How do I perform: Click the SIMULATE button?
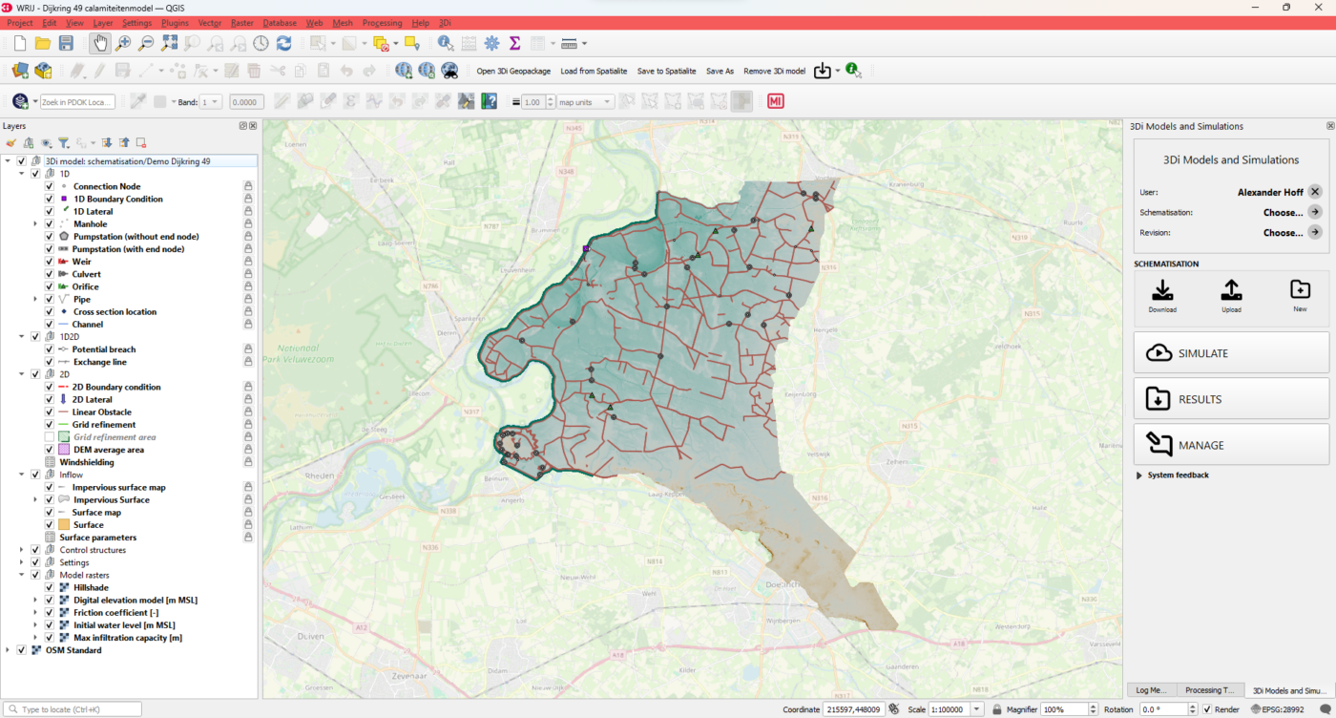click(x=1231, y=353)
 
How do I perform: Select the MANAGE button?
click(x=1231, y=445)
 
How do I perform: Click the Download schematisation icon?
click(x=1162, y=290)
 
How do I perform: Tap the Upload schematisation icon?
click(x=1231, y=290)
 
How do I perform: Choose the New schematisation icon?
click(x=1300, y=290)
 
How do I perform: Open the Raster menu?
click(x=241, y=22)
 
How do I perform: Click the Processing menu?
click(x=382, y=22)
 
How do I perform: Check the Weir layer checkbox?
click(x=50, y=262)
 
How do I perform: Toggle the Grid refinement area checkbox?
click(x=50, y=437)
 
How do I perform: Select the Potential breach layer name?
click(x=104, y=349)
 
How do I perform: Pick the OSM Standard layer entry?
click(x=73, y=650)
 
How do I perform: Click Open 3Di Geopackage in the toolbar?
click(x=512, y=71)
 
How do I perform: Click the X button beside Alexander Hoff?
click(x=1314, y=192)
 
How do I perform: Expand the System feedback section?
click(x=1138, y=475)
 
